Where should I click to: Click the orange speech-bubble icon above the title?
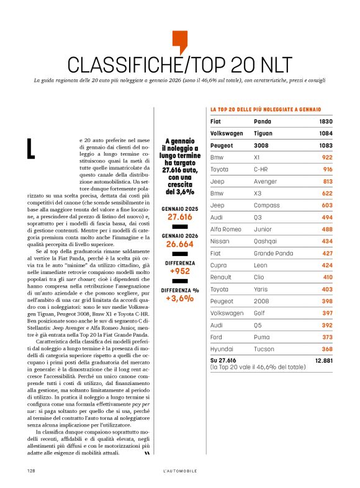click(179, 41)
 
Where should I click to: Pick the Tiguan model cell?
click(265, 133)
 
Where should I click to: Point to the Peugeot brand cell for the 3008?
click(225, 146)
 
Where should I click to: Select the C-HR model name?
click(264, 169)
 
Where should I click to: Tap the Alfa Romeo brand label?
click(228, 229)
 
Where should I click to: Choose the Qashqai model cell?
click(267, 241)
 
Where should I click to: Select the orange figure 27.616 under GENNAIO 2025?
click(180, 218)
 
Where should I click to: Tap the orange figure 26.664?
click(180, 244)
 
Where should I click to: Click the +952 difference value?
click(180, 272)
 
